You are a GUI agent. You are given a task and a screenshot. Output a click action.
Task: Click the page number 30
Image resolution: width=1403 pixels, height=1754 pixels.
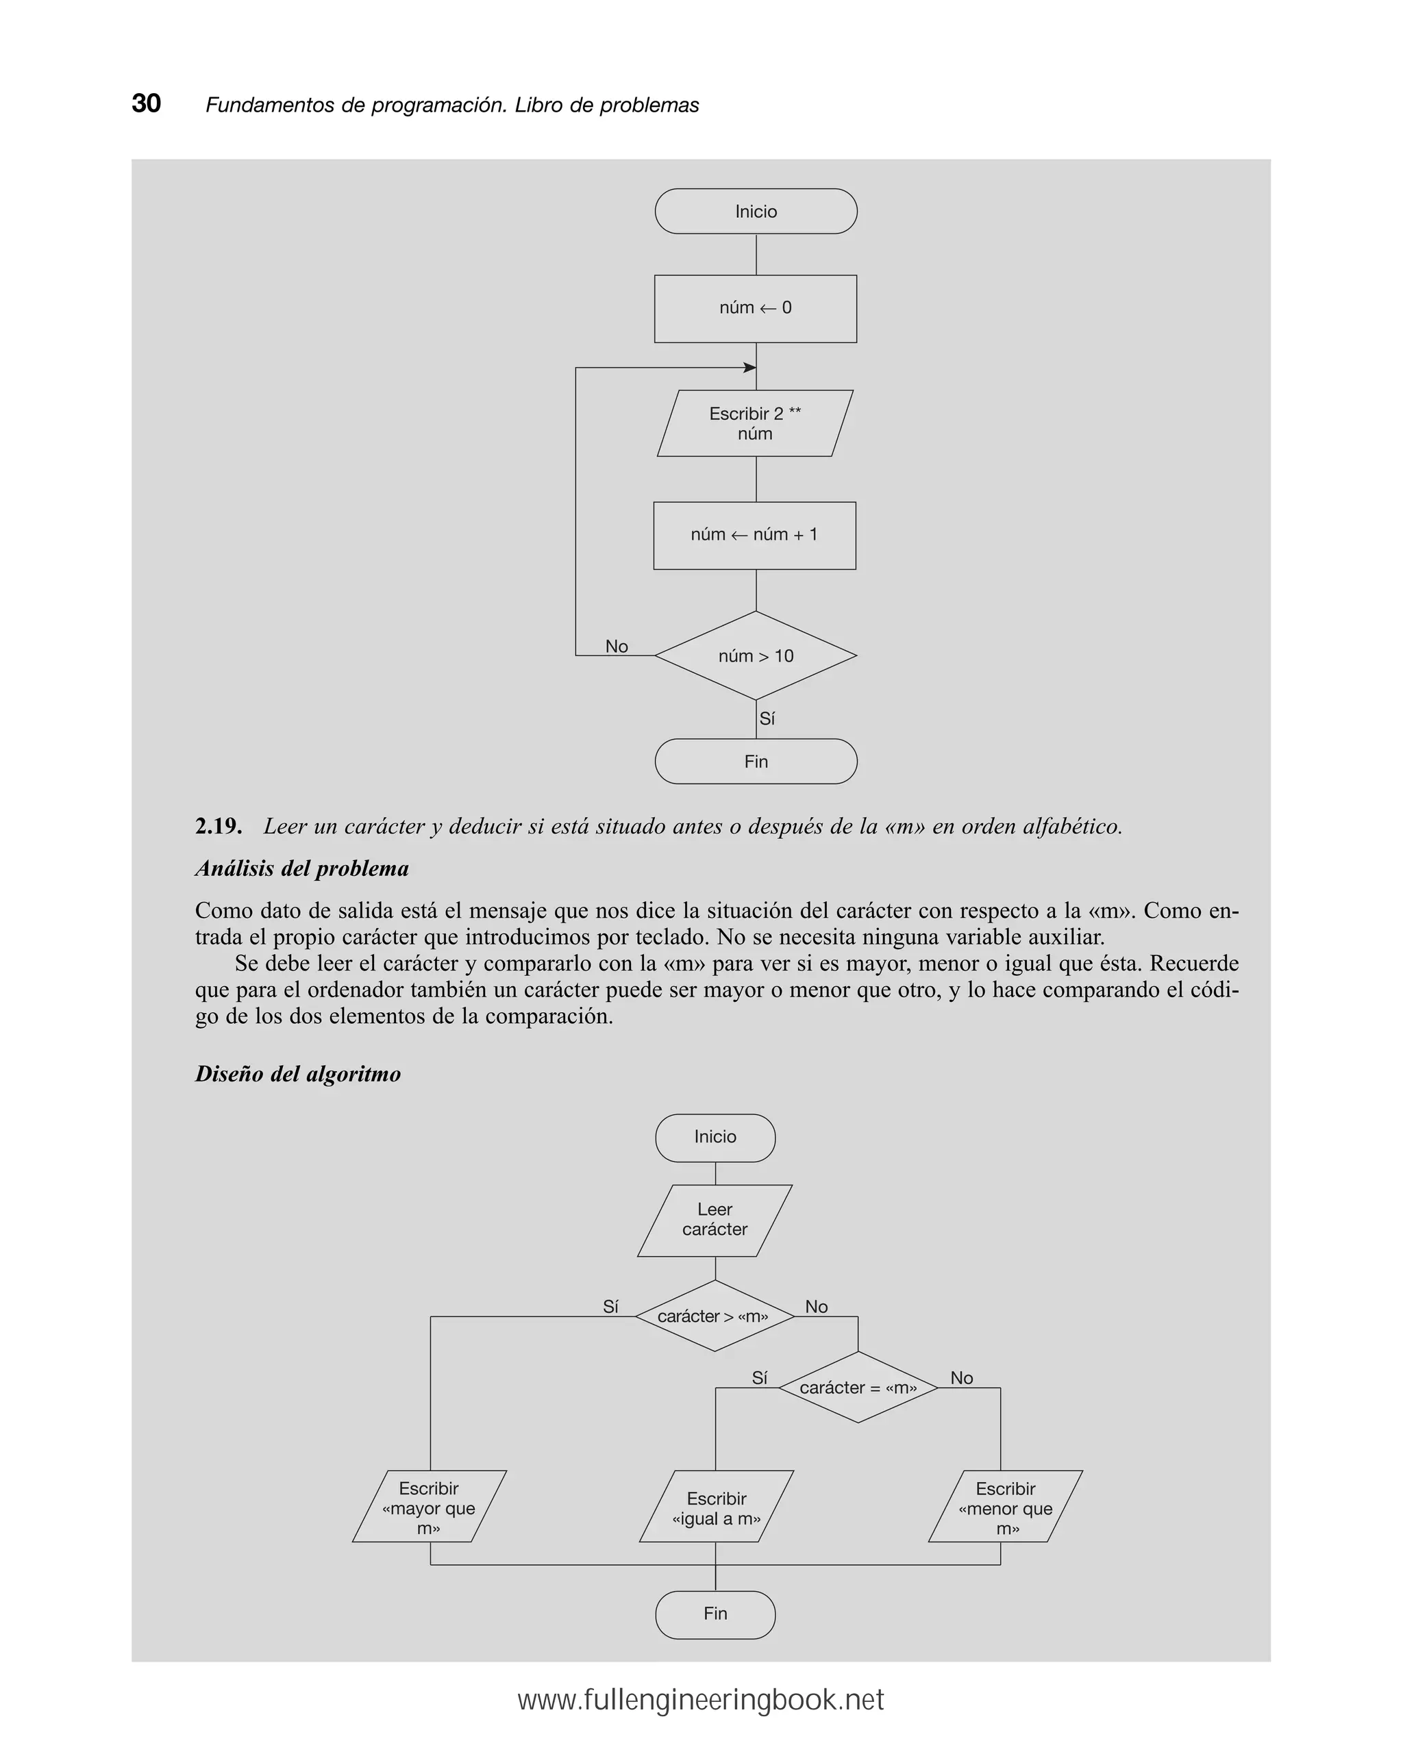point(147,103)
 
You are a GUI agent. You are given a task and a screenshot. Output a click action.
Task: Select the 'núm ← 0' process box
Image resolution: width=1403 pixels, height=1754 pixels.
point(755,308)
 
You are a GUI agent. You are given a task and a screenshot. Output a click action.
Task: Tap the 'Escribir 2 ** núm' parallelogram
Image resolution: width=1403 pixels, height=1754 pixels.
point(755,423)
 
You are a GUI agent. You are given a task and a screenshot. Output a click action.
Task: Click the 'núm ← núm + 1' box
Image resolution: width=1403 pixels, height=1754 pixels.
point(754,536)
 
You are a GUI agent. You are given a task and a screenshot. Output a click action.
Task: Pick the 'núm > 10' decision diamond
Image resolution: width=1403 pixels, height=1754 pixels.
point(755,655)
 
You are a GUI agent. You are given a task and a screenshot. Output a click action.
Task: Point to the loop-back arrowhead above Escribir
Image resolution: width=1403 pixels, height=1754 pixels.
point(749,368)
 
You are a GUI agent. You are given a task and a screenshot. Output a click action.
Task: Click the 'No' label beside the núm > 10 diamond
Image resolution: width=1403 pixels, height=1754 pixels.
point(616,646)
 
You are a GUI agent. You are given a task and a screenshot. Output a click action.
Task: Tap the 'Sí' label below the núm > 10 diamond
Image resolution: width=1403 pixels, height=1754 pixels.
point(767,718)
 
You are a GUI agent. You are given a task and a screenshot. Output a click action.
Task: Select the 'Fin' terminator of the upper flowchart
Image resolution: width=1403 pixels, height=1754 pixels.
point(755,762)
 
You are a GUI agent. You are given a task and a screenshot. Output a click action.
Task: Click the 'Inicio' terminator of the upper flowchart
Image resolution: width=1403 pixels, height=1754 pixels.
point(755,212)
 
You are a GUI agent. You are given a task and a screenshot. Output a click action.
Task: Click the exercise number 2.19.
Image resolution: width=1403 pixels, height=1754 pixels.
point(218,827)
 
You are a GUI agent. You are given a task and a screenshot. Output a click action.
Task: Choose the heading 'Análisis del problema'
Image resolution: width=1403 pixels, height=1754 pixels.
point(302,869)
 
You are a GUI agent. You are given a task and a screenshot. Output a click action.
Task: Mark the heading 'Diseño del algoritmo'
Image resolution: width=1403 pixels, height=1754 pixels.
point(298,1074)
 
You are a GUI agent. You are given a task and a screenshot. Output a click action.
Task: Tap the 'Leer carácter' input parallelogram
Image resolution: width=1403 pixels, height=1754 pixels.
point(715,1220)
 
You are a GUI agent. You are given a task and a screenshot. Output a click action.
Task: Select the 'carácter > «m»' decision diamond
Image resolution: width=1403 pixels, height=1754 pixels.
point(714,1316)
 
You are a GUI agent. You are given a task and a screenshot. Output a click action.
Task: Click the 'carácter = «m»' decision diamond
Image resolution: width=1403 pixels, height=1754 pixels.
point(858,1388)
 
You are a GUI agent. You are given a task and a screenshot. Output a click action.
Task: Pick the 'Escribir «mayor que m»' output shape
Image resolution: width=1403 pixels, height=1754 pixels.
point(429,1508)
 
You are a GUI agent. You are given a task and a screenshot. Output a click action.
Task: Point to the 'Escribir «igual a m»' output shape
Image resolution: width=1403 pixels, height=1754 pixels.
point(716,1508)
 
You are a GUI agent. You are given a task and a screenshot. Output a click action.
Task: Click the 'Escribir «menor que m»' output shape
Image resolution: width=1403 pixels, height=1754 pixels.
point(1005,1508)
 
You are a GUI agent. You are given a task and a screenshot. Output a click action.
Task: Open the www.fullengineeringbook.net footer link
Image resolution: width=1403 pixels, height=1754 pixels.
point(701,1701)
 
